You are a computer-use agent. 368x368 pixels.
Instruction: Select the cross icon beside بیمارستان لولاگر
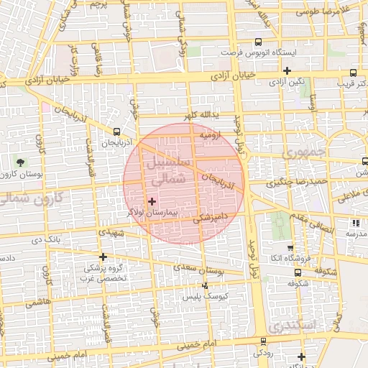click(151, 202)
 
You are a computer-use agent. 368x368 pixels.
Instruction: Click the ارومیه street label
click(209, 135)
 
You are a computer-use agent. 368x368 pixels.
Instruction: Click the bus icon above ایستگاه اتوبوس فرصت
click(258, 42)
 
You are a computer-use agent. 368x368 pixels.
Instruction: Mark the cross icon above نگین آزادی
click(287, 70)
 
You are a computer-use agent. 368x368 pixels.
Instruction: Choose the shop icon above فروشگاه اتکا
click(290, 247)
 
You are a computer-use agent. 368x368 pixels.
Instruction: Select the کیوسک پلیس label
click(205, 296)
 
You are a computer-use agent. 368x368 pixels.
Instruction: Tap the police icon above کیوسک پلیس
click(205, 286)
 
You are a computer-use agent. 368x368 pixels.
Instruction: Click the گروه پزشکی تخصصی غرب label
click(103, 272)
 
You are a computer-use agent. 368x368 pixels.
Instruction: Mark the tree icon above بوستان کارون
click(19, 163)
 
